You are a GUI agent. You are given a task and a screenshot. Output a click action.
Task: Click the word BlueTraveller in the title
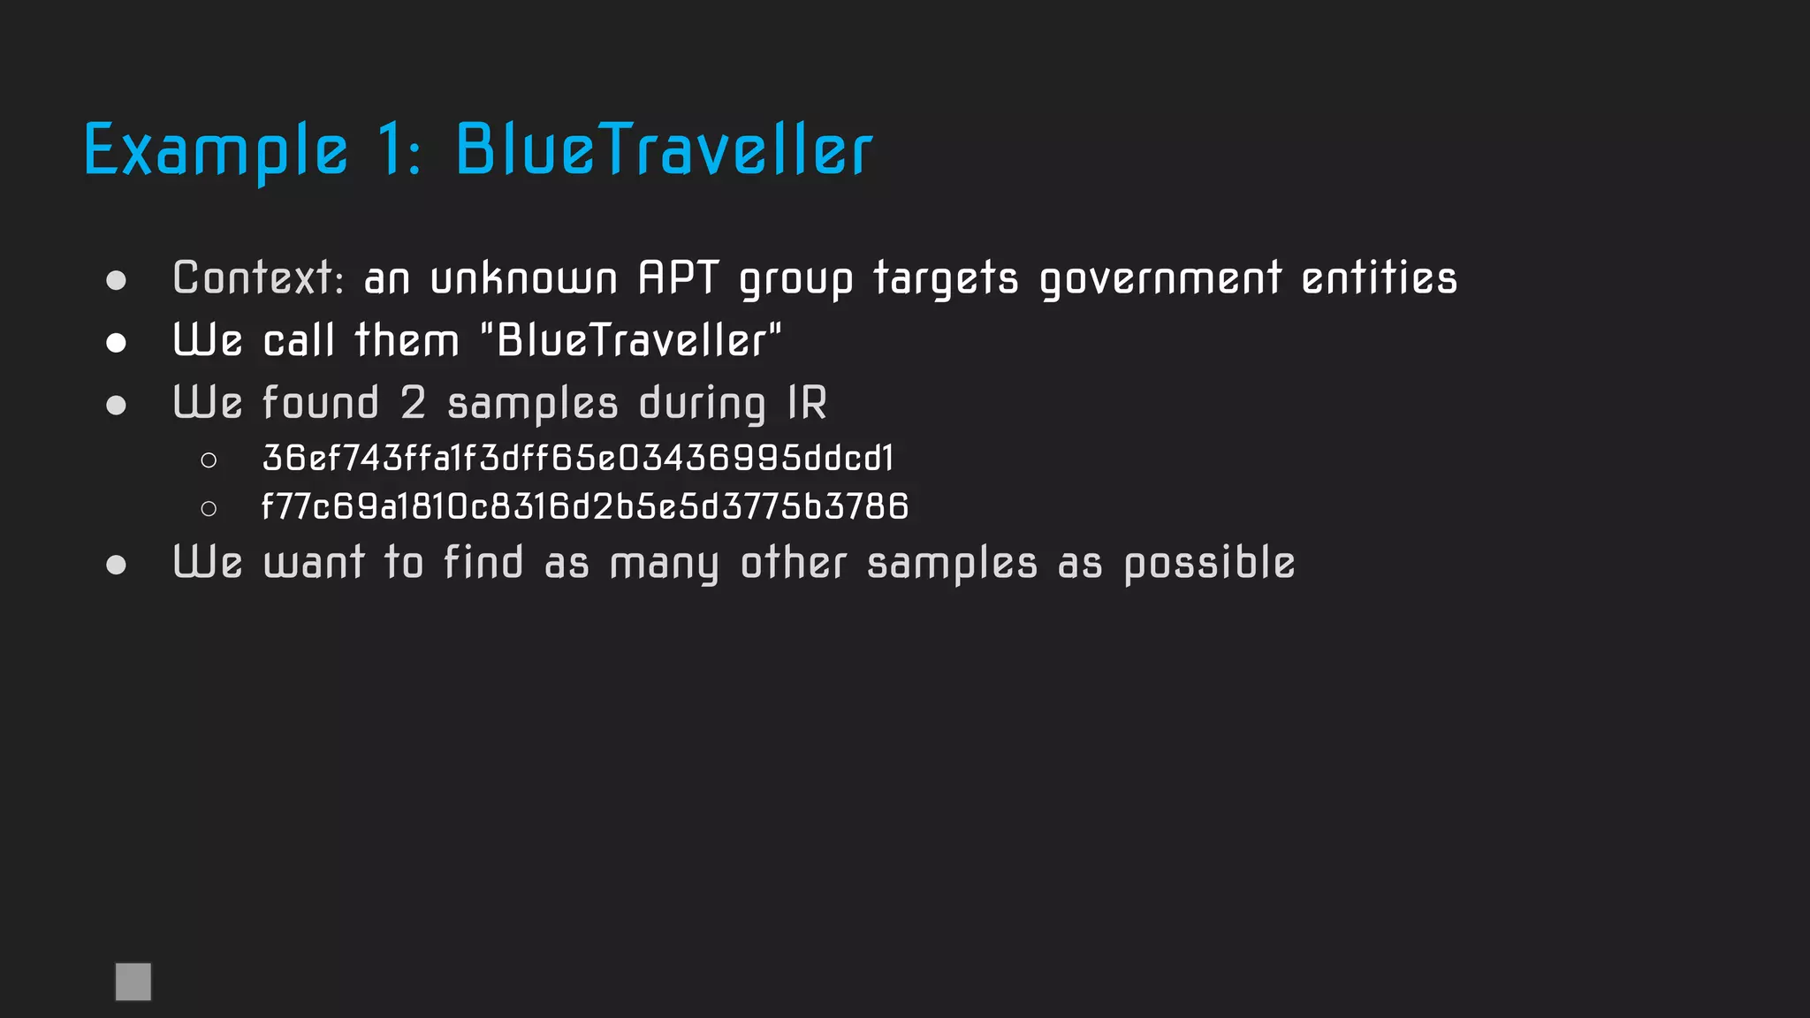click(664, 149)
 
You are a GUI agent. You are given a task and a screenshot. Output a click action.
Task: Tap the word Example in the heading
click(216, 151)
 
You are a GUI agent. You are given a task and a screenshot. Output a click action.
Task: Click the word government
click(1160, 279)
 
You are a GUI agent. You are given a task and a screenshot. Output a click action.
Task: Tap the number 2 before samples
click(413, 403)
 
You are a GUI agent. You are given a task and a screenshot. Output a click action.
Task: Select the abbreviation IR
click(808, 403)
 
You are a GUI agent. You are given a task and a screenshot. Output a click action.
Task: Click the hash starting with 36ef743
click(578, 458)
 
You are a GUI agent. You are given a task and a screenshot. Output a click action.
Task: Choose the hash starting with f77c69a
click(585, 506)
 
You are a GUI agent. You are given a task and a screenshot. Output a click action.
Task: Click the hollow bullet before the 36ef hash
click(209, 460)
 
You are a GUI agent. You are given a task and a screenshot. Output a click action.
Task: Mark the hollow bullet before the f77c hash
click(209, 508)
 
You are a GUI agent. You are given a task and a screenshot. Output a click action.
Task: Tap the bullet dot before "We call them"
click(116, 343)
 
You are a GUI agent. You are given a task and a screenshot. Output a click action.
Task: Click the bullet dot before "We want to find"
click(116, 565)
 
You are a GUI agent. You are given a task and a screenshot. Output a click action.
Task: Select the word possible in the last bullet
click(1209, 564)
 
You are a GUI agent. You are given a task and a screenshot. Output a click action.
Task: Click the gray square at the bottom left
click(133, 982)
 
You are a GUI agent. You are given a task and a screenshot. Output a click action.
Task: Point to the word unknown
click(523, 278)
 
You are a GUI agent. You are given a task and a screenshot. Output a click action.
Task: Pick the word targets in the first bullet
click(946, 279)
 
